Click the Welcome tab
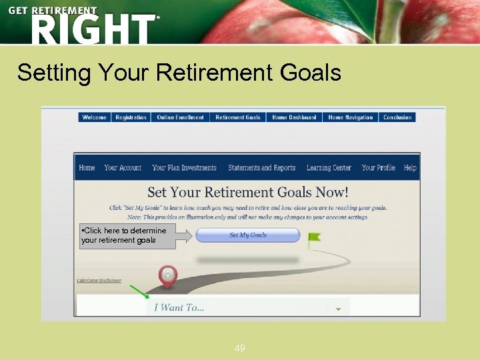(x=94, y=117)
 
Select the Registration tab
(x=131, y=117)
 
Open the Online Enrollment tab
(x=180, y=117)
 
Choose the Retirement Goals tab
(x=238, y=117)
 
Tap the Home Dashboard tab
(x=294, y=117)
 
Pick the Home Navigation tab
(x=351, y=117)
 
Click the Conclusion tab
(x=397, y=117)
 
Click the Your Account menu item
(x=123, y=168)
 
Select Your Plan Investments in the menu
(x=184, y=168)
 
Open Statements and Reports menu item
(x=261, y=168)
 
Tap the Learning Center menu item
(x=329, y=168)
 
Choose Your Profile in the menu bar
(x=378, y=168)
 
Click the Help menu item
(x=410, y=168)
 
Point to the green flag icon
(x=313, y=237)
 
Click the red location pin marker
(x=168, y=276)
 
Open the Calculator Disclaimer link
(x=99, y=281)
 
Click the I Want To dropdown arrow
(x=338, y=308)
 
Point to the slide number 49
(x=239, y=348)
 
